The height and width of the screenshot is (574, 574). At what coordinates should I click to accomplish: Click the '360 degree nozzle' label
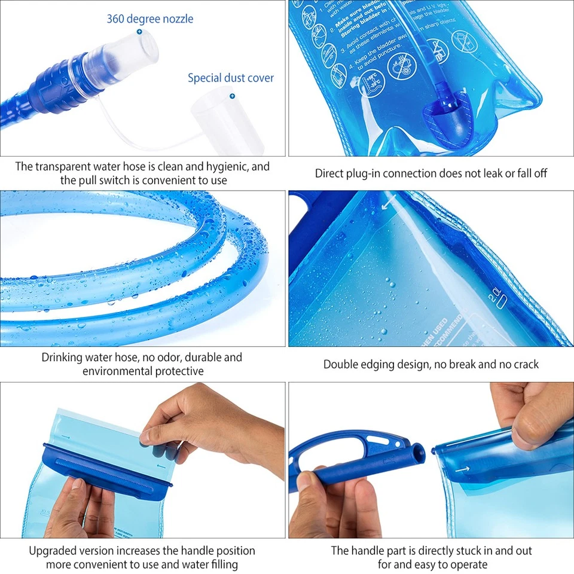(150, 19)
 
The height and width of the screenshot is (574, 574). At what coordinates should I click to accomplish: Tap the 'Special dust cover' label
(231, 78)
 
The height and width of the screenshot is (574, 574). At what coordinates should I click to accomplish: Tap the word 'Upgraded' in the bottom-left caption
(54, 550)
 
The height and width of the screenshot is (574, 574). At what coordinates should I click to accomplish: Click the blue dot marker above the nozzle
(139, 30)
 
